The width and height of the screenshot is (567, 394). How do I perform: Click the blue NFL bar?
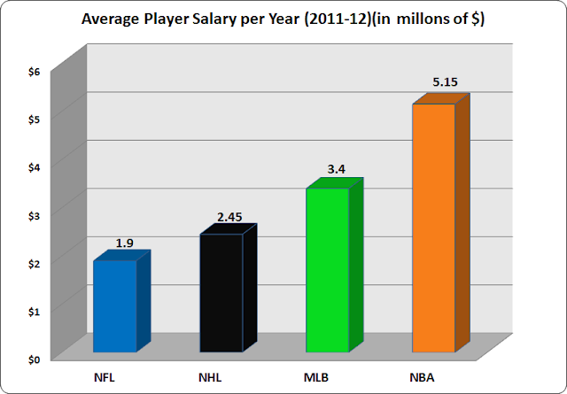tap(115, 305)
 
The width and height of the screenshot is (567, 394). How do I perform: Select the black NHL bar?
tap(221, 292)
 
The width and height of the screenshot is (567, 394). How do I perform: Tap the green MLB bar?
tap(328, 270)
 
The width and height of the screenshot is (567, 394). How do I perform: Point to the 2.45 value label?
tap(231, 217)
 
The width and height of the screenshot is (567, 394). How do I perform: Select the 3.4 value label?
tap(338, 172)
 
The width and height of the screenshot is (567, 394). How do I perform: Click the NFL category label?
tap(106, 379)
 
